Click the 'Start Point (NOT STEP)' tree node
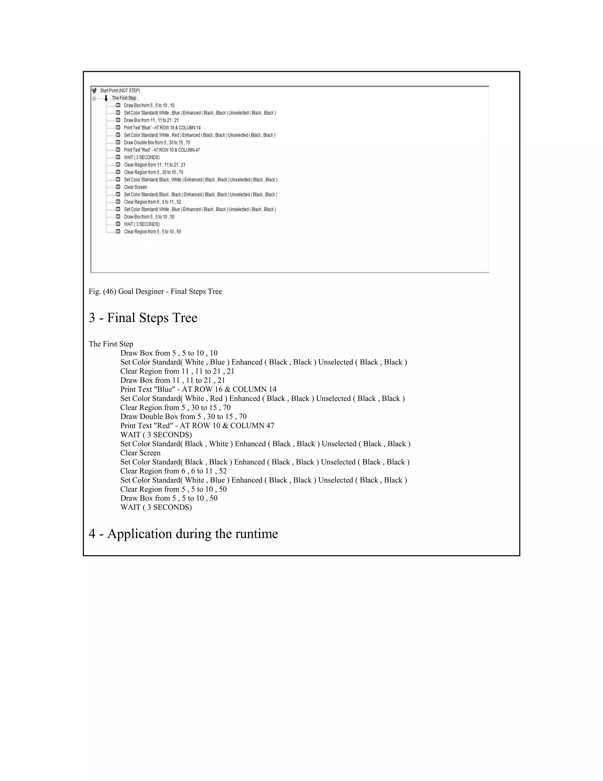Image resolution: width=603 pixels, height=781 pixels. click(120, 91)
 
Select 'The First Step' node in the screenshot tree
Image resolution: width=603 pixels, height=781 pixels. click(124, 98)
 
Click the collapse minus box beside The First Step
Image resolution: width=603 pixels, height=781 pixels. click(94, 98)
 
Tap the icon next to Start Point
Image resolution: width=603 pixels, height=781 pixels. click(94, 91)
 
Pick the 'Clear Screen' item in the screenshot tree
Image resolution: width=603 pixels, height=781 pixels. click(135, 187)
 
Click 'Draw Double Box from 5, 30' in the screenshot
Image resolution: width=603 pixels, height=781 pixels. click(157, 143)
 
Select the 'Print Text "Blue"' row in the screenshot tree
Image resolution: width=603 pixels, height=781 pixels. click(162, 128)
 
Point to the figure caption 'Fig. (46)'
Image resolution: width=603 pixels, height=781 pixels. click(102, 291)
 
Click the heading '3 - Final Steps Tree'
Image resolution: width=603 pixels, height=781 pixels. click(143, 317)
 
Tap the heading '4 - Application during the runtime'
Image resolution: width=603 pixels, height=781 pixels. click(183, 533)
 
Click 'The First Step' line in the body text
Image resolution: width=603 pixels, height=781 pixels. click(111, 344)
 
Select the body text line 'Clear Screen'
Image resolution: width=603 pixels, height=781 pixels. click(140, 453)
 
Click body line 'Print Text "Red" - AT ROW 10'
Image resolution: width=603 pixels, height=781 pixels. click(197, 426)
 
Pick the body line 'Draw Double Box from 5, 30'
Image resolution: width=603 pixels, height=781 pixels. click(183, 417)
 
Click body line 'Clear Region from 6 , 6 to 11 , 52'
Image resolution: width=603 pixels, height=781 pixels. click(173, 471)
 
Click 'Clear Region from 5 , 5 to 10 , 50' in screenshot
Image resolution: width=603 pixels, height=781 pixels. click(152, 232)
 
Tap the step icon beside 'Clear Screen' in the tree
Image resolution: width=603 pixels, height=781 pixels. click(118, 187)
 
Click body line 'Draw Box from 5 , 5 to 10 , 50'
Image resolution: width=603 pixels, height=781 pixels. click(169, 498)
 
